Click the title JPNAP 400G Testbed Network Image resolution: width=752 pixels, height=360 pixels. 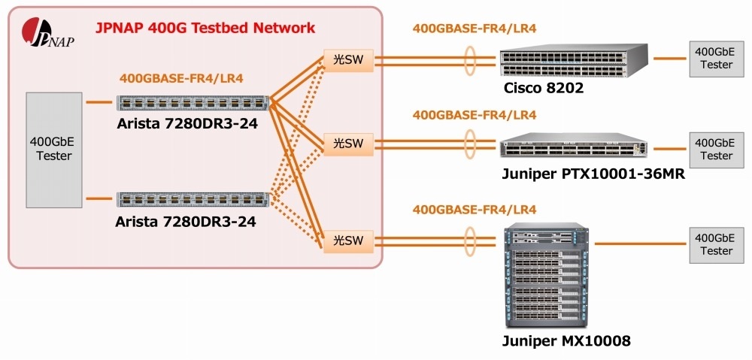205,29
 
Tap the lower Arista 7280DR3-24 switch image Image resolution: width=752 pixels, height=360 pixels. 193,200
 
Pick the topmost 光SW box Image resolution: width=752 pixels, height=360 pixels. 348,60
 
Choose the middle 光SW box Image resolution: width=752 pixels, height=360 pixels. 348,143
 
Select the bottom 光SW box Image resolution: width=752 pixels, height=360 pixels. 348,241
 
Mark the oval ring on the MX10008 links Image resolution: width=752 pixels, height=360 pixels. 472,241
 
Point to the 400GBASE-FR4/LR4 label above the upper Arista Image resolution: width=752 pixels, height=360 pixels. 181,77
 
